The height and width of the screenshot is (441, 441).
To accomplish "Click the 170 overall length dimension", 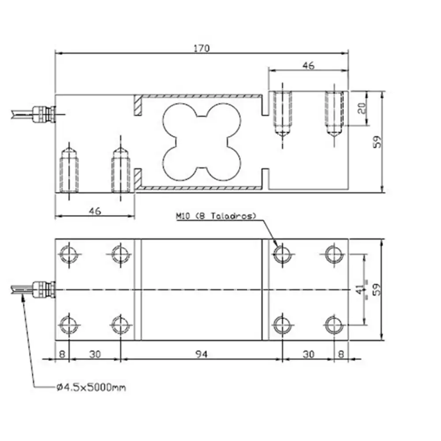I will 202,48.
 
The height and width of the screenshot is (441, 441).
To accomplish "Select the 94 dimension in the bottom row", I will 201,354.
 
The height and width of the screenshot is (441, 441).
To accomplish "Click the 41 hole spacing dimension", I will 361,289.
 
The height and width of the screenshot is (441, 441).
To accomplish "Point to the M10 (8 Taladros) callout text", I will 216,216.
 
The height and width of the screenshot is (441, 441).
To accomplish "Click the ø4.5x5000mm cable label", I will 91,388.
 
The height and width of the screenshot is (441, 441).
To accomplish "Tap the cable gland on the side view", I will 44,114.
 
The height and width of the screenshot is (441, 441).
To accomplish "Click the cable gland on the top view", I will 45,289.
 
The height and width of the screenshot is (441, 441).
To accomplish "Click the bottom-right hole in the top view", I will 333,325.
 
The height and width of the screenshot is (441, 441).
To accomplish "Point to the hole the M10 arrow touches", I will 281,254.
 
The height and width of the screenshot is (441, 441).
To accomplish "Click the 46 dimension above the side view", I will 308,66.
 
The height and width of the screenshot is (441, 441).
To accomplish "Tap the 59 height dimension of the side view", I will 377,142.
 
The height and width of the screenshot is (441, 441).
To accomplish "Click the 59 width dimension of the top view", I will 377,289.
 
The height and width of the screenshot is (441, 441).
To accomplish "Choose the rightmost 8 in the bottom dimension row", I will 341,354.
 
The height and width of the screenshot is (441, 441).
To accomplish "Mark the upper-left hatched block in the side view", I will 138,106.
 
